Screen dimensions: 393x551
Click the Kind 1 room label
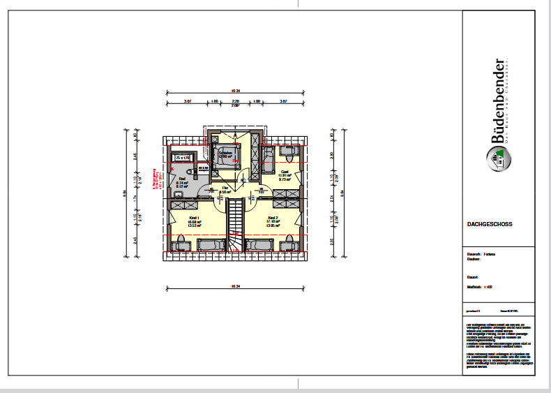click(193, 218)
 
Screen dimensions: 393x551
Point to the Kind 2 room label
click(273, 218)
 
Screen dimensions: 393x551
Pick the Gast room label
click(285, 171)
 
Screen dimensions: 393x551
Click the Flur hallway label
click(225, 187)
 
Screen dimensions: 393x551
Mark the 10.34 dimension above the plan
click(235, 91)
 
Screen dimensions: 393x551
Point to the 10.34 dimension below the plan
click(235, 286)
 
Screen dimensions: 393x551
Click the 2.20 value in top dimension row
click(235, 101)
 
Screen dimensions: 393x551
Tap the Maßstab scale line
click(481, 286)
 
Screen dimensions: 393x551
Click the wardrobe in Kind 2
click(287, 203)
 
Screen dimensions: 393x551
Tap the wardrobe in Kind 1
click(184, 203)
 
